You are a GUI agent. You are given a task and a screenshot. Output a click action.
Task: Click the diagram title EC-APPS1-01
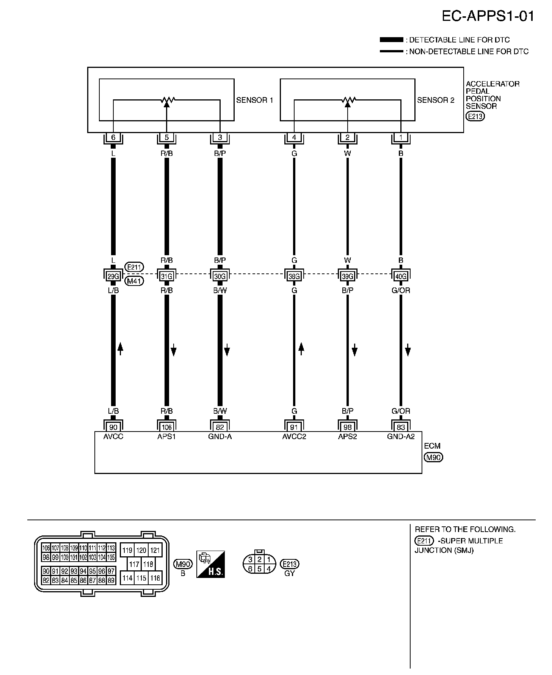488,16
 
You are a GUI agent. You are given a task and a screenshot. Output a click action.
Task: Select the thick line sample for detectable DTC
391,40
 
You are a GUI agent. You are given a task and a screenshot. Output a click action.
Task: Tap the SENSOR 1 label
254,100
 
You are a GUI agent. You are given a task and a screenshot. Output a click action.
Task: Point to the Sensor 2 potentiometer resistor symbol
348,100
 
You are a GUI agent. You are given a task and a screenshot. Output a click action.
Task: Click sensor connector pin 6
113,138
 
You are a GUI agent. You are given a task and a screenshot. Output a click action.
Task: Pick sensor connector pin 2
348,138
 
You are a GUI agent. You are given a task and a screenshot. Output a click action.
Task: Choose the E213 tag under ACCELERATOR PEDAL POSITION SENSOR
475,116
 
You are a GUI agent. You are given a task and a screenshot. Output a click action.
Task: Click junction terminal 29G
113,276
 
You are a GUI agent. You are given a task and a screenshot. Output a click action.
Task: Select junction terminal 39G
348,276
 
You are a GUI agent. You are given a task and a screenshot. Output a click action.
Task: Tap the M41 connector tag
133,281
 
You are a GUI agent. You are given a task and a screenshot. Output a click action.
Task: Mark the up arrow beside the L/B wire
120,348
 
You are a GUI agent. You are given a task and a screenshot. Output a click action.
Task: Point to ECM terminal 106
166,427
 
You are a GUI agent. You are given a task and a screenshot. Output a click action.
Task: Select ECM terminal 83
401,427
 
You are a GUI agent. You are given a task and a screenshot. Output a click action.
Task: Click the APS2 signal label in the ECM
348,436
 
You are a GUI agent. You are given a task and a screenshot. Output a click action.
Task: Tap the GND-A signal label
220,436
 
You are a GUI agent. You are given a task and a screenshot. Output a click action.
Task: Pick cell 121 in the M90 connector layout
154,550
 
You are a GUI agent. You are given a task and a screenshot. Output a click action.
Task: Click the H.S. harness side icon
211,564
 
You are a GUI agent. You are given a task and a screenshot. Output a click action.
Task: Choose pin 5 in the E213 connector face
260,569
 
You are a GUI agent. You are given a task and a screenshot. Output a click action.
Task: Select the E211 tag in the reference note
424,541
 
